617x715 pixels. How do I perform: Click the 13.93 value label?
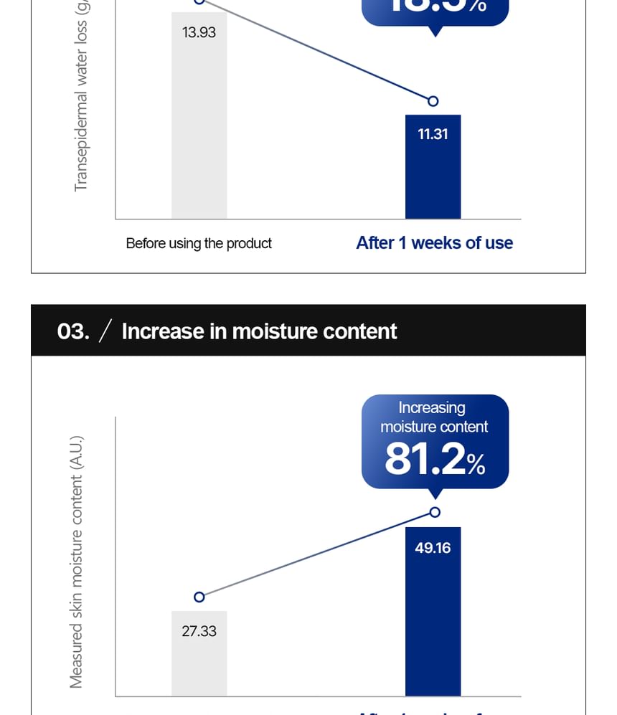click(199, 32)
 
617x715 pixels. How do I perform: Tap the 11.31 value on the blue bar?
click(433, 134)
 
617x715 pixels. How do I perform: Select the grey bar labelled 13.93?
click(199, 129)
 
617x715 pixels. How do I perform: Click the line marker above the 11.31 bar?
click(433, 101)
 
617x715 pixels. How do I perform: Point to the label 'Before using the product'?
click(199, 244)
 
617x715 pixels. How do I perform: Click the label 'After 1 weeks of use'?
click(434, 243)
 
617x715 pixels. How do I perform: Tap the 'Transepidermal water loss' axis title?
click(80, 97)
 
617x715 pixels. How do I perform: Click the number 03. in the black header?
click(72, 331)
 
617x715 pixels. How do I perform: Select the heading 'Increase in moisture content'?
click(259, 331)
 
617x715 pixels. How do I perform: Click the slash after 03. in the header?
click(105, 331)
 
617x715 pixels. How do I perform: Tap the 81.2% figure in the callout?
click(434, 460)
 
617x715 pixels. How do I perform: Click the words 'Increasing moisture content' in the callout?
click(433, 417)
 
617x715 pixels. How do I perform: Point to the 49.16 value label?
click(433, 548)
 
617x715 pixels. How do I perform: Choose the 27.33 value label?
click(199, 631)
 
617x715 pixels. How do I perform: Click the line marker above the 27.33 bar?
click(199, 597)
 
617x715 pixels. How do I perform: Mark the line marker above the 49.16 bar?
click(434, 512)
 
